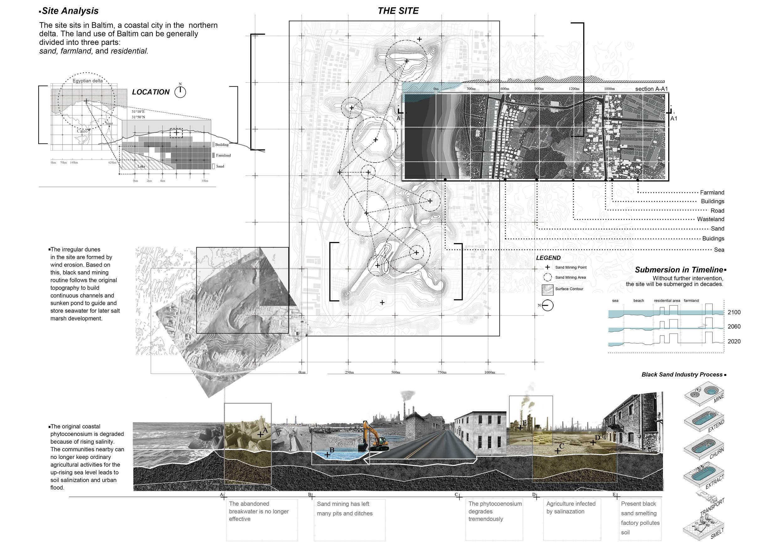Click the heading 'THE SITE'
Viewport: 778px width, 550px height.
[x=398, y=11]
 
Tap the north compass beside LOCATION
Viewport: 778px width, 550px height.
[x=180, y=92]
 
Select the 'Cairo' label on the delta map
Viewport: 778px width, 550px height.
[x=82, y=131]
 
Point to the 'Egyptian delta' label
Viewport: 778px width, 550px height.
[x=87, y=81]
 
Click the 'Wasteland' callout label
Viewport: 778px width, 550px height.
[x=710, y=219]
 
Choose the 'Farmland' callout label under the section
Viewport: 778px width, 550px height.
[x=712, y=193]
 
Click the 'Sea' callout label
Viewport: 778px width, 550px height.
[x=719, y=250]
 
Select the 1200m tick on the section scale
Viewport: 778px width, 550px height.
[x=574, y=89]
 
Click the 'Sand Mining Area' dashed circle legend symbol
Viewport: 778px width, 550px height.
[x=548, y=278]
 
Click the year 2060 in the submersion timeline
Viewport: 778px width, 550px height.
[x=734, y=327]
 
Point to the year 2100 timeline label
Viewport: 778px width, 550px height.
[x=734, y=312]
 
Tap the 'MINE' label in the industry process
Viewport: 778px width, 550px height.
[x=718, y=398]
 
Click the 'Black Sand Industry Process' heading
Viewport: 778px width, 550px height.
[x=682, y=374]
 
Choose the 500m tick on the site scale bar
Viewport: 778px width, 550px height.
[x=395, y=373]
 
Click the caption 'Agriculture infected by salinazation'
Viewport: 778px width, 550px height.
[x=571, y=507]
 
